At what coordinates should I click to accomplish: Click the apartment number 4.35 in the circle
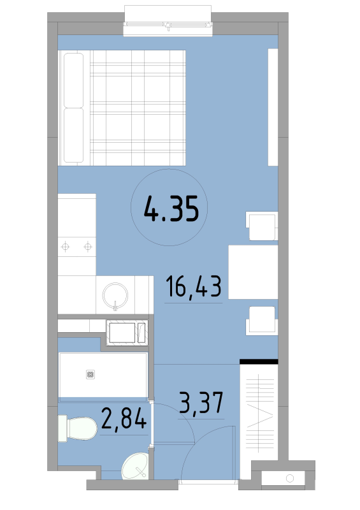pyautogui.click(x=171, y=208)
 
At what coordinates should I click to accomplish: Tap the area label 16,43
pyautogui.click(x=194, y=286)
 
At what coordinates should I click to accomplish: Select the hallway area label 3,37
pyautogui.click(x=201, y=402)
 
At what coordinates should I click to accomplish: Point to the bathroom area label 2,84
pyautogui.click(x=124, y=418)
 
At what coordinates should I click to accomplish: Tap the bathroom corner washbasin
pyautogui.click(x=135, y=466)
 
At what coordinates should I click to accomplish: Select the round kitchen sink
pyautogui.click(x=115, y=295)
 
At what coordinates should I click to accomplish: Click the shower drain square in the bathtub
pyautogui.click(x=90, y=374)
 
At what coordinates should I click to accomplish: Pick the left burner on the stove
pyautogui.click(x=66, y=247)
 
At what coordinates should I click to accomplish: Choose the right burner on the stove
pyautogui.click(x=88, y=247)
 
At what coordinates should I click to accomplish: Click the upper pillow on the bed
pyautogui.click(x=73, y=80)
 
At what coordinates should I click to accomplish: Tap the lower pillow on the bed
pyautogui.click(x=73, y=135)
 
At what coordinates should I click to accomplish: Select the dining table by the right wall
pyautogui.click(x=253, y=272)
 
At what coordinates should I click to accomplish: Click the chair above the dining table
pyautogui.click(x=262, y=226)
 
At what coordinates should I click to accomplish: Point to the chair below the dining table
pyautogui.click(x=262, y=321)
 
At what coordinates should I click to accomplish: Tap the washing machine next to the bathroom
pyautogui.click(x=127, y=333)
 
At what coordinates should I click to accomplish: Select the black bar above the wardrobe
pyautogui.click(x=259, y=361)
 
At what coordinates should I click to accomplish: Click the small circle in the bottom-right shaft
pyautogui.click(x=290, y=478)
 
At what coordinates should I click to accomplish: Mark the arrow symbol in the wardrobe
pyautogui.click(x=260, y=416)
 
